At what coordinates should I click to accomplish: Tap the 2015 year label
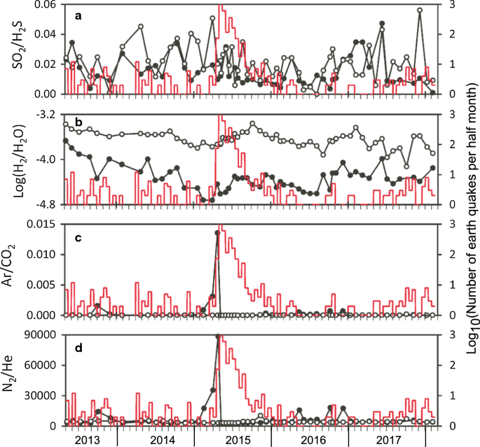point(235,439)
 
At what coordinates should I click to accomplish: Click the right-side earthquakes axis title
point(469,224)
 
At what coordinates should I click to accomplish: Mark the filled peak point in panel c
point(217,233)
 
